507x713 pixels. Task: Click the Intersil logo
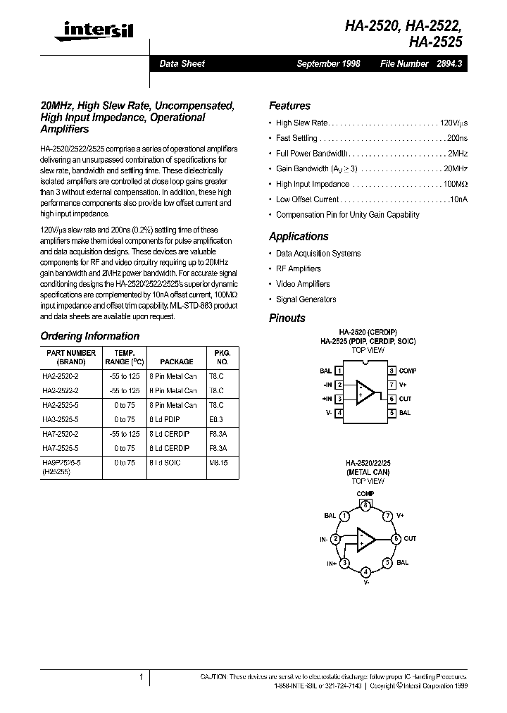tap(98, 30)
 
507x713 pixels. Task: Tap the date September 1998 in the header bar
tap(328, 63)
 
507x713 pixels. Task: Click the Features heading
tap(289, 106)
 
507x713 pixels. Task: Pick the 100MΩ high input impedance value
tap(454, 185)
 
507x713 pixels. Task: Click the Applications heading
tap(299, 237)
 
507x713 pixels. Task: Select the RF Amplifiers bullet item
tap(298, 268)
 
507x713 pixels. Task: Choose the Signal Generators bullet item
tap(306, 299)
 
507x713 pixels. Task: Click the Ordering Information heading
tap(89, 336)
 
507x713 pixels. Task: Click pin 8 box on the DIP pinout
tap(391, 371)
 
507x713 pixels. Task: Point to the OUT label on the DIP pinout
tap(405, 399)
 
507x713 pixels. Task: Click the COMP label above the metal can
tap(365, 494)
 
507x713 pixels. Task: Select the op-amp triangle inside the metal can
tap(365, 539)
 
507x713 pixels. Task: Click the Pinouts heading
tap(287, 318)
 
